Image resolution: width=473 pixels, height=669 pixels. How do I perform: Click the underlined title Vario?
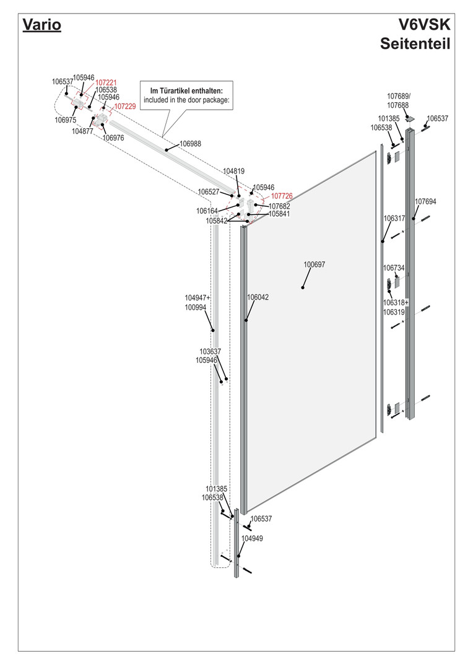tap(41, 26)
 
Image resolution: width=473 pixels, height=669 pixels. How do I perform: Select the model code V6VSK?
tap(425, 25)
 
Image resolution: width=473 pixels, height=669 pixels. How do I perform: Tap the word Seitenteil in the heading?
tap(415, 44)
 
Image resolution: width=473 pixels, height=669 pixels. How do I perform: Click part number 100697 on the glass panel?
tap(314, 265)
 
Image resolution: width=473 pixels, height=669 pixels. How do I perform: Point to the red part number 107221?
tap(106, 82)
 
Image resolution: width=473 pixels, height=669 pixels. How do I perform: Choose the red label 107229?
tap(124, 106)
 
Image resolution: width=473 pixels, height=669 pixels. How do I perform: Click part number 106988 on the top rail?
tap(190, 144)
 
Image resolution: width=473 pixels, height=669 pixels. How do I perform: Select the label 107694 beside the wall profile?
tap(425, 201)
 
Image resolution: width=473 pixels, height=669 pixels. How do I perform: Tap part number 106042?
tap(258, 297)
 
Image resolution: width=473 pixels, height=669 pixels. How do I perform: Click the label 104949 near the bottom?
tap(252, 538)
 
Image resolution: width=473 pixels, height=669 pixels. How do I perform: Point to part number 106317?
tap(394, 218)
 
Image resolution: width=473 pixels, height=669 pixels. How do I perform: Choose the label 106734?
tap(394, 268)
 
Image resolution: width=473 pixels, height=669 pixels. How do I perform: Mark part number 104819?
tap(233, 170)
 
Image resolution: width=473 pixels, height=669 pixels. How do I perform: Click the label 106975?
tap(65, 120)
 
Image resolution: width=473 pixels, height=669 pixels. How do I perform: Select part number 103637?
tap(210, 351)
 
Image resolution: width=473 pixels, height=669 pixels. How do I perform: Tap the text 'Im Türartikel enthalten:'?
tap(186, 91)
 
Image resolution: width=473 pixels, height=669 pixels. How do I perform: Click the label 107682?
tap(279, 206)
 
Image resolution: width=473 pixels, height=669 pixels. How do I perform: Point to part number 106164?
tap(207, 211)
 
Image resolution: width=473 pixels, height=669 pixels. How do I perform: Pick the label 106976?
tap(114, 138)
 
